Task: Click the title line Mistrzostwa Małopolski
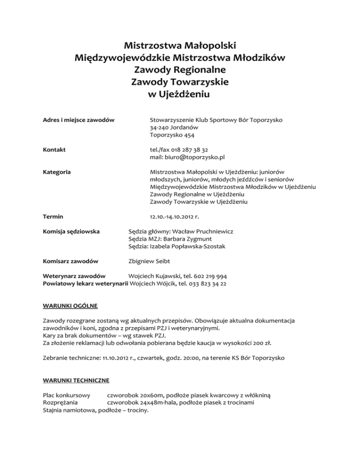180,46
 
